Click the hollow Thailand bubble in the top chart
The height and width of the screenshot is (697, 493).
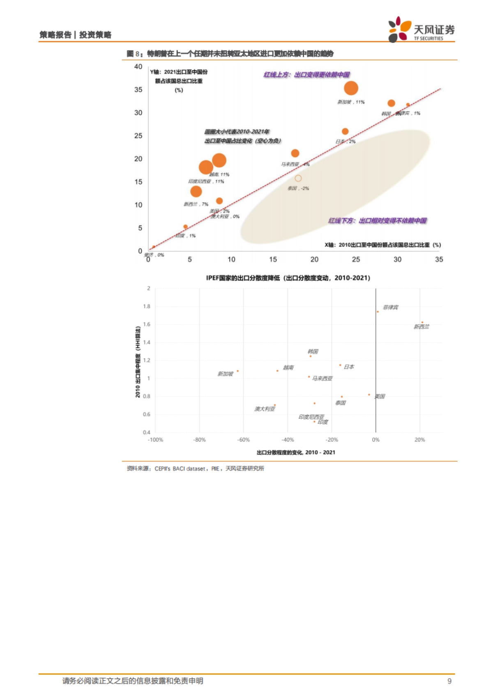[x=298, y=178]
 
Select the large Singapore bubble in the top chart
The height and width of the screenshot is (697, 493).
[x=351, y=88]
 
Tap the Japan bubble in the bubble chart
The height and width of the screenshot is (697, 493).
[x=345, y=131]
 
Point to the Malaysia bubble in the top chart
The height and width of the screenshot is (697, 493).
[x=295, y=153]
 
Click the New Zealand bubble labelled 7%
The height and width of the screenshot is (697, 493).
[x=196, y=191]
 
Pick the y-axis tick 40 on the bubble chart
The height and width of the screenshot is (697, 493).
[x=138, y=66]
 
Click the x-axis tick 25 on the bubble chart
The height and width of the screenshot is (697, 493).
[x=356, y=259]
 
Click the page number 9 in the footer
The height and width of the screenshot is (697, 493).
[x=449, y=681]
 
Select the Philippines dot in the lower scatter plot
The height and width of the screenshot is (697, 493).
[x=378, y=312]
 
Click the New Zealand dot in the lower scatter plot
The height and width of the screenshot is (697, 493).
[x=422, y=322]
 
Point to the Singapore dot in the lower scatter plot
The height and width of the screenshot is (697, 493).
[x=237, y=371]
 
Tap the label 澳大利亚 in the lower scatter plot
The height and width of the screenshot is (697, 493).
[x=265, y=409]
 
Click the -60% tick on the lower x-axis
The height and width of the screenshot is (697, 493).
[x=244, y=440]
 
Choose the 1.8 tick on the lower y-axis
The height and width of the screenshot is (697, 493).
[x=147, y=306]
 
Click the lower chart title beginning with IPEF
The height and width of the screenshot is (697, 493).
[x=288, y=278]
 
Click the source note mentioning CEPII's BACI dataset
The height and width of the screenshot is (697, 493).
[x=196, y=468]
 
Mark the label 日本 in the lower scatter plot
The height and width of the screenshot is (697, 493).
[x=349, y=367]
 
